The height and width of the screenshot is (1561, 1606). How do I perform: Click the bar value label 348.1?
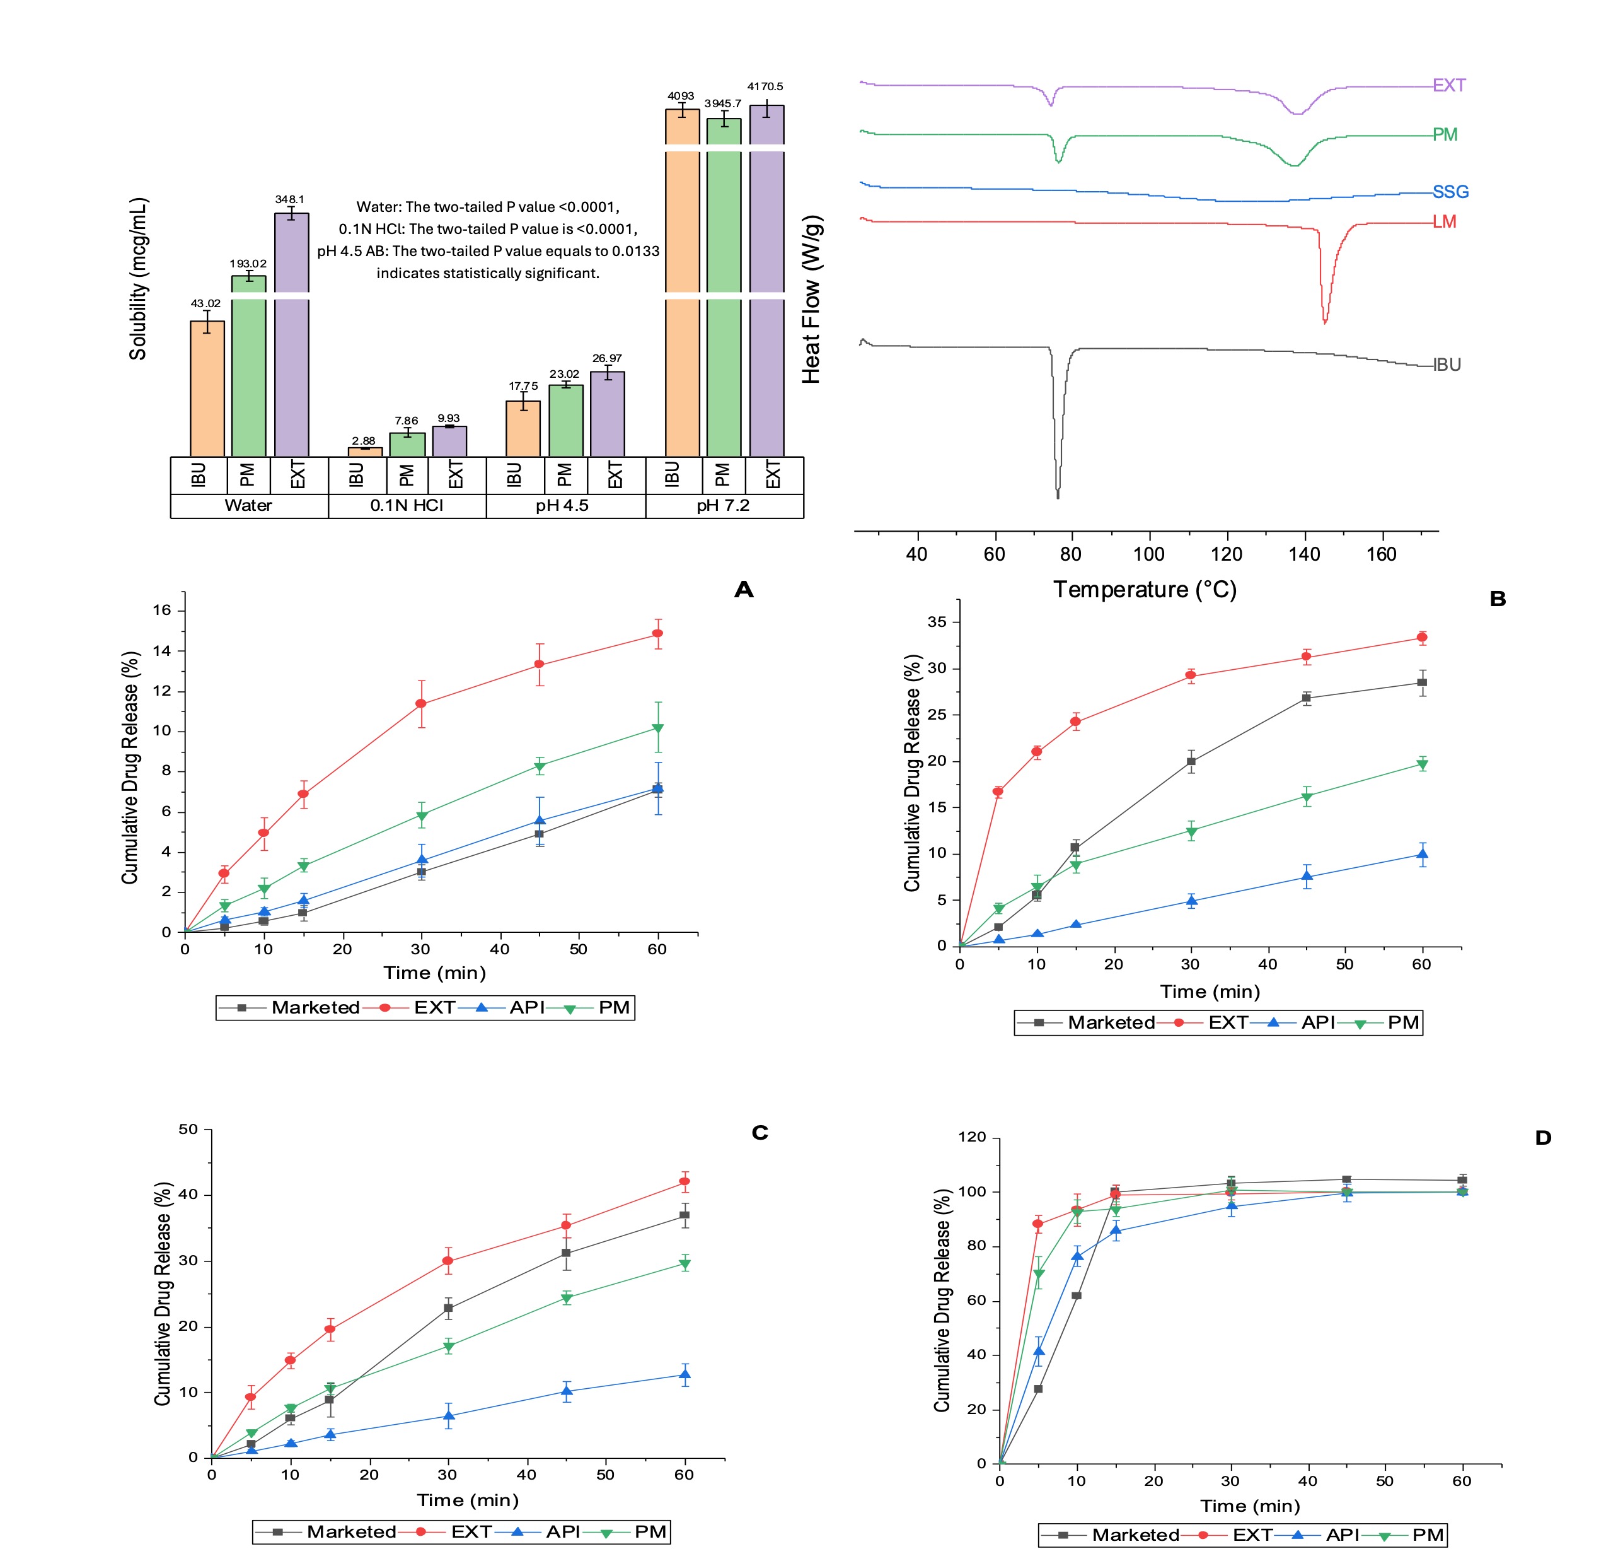(289, 199)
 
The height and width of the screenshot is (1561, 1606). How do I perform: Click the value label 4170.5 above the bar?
(765, 86)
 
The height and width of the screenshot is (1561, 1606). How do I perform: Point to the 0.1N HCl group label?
(407, 505)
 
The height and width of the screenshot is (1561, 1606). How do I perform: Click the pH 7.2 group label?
(723, 505)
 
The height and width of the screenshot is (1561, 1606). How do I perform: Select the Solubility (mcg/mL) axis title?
(137, 279)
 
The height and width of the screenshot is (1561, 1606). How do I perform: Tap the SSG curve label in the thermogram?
(1450, 192)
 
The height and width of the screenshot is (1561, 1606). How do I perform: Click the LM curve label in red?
(1444, 221)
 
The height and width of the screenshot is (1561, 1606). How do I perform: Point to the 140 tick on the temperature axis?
(1303, 554)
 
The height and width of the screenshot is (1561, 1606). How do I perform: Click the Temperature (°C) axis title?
(1145, 590)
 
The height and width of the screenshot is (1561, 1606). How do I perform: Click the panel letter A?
(743, 590)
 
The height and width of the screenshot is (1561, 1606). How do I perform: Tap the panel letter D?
(1543, 1138)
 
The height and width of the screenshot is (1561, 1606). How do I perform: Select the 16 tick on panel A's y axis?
(162, 610)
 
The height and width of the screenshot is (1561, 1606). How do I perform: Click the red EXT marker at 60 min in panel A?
(657, 634)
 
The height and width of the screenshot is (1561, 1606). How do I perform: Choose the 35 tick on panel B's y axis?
(937, 623)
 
